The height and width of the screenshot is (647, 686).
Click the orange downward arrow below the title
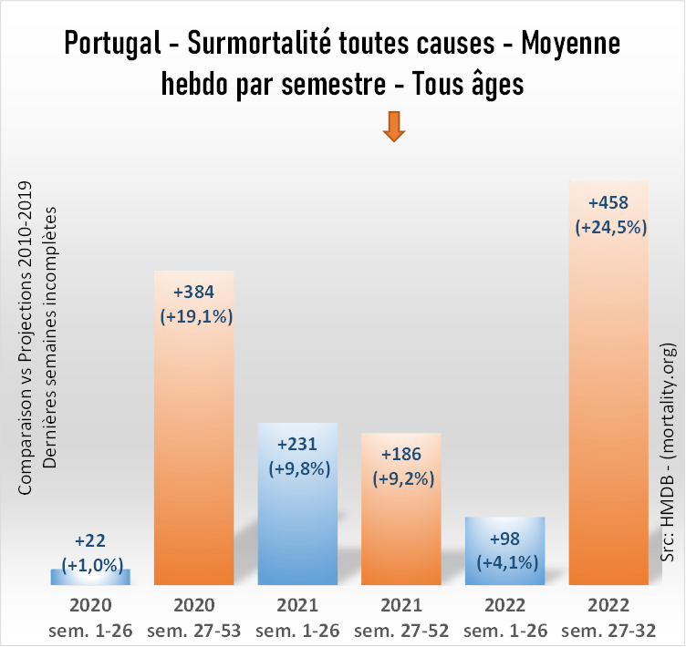pyautogui.click(x=393, y=127)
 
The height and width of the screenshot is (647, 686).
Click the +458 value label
pyautogui.click(x=609, y=202)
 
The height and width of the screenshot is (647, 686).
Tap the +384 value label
pyautogui.click(x=194, y=293)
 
